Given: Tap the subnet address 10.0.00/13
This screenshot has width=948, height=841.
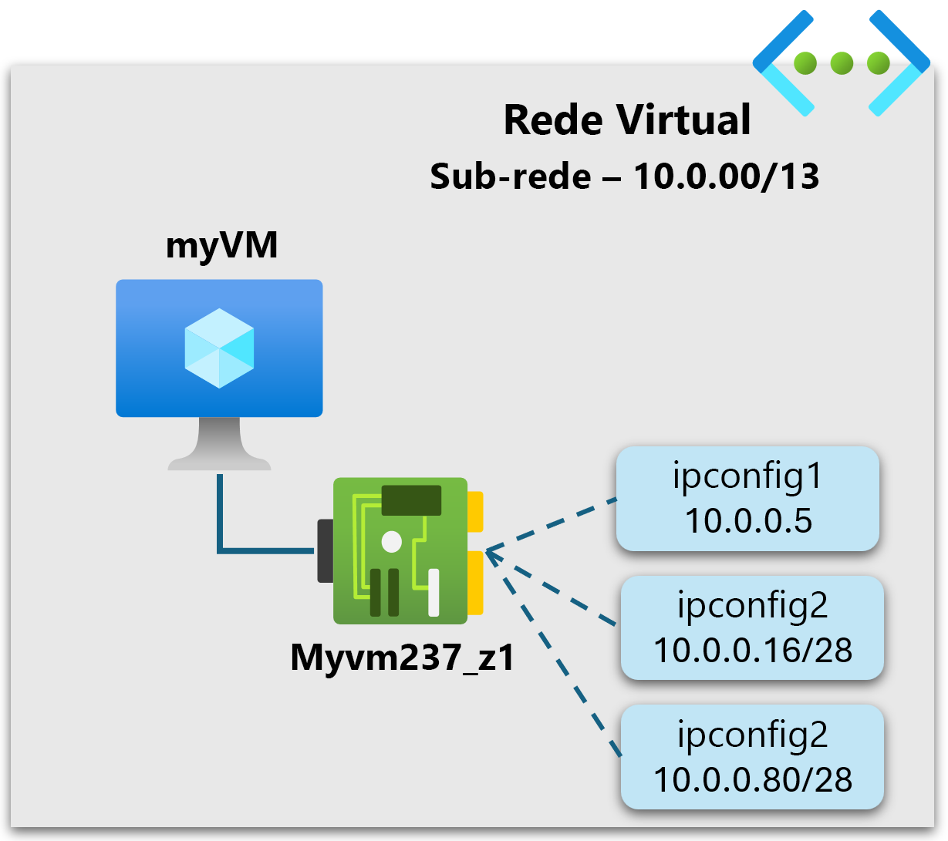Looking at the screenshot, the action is coord(726,177).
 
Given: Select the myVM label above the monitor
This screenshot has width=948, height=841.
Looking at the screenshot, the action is coord(221,246).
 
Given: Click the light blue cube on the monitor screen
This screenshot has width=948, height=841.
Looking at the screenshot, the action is coord(220,348).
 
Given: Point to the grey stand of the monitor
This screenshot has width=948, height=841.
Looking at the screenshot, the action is coord(220,443).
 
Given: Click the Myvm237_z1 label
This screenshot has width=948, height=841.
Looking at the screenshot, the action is coord(403,658).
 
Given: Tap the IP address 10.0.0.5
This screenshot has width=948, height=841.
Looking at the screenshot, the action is coord(749,520).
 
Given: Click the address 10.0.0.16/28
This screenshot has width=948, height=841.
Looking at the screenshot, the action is coord(753,650).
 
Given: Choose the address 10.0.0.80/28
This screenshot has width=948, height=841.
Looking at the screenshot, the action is coord(753,780).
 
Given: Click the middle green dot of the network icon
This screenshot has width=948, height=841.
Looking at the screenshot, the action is coord(842,63).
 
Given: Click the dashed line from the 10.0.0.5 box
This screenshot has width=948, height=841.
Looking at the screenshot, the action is coord(552,525).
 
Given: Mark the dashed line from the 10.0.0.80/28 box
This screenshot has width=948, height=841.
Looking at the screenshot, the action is coord(554,654).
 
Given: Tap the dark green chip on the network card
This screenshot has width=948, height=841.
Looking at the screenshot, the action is coord(411,500).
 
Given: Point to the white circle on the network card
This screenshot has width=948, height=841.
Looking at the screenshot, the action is coord(392,542).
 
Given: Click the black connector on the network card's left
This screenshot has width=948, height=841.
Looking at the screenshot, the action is coord(326,550).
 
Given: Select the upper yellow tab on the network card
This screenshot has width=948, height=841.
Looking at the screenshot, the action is coord(475,511).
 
